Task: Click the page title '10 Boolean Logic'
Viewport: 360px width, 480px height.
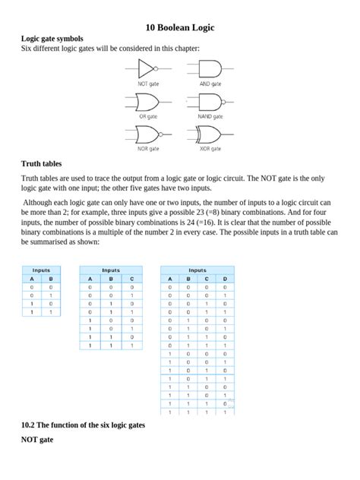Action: click(180, 28)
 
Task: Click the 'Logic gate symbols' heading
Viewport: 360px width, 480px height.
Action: click(52, 39)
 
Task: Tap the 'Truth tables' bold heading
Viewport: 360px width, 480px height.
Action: click(42, 163)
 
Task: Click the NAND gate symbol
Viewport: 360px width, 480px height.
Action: click(210, 102)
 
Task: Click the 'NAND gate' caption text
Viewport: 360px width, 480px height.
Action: click(210, 116)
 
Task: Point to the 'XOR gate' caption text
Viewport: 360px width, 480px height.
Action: click(210, 150)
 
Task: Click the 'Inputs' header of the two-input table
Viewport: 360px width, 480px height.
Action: click(41, 270)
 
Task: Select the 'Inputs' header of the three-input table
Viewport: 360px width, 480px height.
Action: click(111, 270)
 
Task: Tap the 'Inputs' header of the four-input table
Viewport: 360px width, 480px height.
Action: click(197, 270)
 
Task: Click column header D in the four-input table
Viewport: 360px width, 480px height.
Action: click(225, 279)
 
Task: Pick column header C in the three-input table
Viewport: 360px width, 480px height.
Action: click(131, 279)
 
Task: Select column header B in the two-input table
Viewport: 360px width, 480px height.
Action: click(51, 279)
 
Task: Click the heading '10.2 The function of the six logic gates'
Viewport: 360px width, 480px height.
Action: click(83, 425)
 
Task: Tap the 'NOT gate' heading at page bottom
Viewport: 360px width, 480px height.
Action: click(37, 440)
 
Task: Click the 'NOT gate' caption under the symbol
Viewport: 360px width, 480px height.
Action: click(148, 84)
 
